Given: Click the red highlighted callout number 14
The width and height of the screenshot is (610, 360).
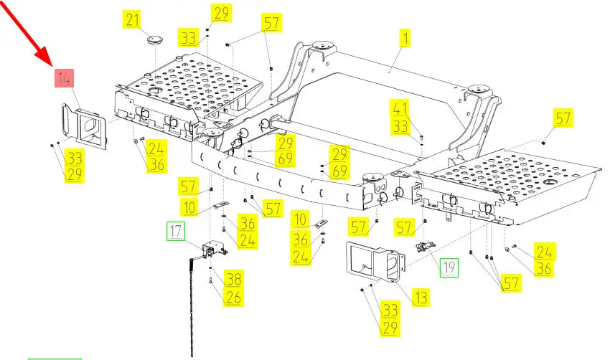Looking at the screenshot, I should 65,78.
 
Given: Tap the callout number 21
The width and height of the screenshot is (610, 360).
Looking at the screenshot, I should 133,19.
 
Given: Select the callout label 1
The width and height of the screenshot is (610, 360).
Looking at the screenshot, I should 405,38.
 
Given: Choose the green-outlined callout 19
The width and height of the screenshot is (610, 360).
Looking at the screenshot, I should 449,267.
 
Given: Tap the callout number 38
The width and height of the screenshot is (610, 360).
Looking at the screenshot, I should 233,278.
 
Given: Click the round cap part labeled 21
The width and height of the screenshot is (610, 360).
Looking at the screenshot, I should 152,38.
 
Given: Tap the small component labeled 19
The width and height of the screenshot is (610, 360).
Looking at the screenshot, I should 423,247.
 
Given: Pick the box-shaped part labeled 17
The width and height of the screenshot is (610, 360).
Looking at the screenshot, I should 213,250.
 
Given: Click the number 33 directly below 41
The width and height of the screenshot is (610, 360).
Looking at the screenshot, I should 400,127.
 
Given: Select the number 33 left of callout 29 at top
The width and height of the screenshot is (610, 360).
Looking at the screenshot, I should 189,37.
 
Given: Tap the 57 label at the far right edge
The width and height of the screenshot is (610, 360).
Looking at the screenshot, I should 563,118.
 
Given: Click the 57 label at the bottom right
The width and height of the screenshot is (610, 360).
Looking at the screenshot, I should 510,283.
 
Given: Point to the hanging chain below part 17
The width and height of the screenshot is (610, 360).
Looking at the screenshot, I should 192,308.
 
